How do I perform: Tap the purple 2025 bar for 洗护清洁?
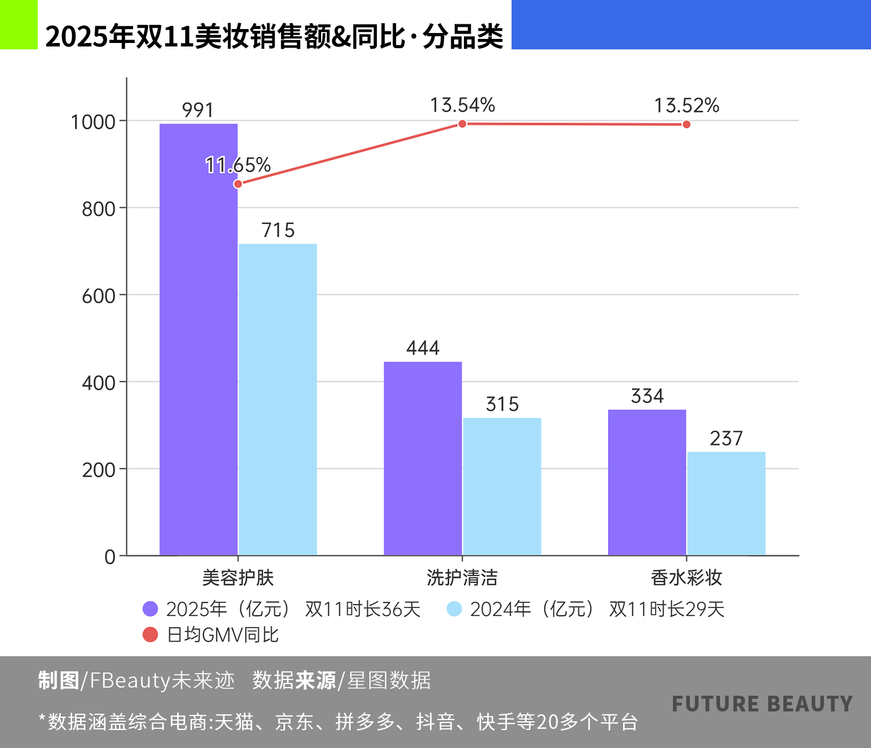(x=423, y=459)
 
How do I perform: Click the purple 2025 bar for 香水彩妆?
(x=647, y=483)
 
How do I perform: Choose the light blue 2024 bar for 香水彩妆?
(x=726, y=504)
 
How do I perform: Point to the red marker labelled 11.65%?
(x=238, y=184)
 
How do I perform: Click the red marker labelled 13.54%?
(x=462, y=124)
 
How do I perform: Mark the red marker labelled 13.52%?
(x=686, y=124)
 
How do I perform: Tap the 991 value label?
(x=198, y=110)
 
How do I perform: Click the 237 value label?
(x=726, y=438)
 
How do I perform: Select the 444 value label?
(x=423, y=348)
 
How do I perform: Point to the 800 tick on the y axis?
(x=99, y=208)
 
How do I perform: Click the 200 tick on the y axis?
(x=99, y=470)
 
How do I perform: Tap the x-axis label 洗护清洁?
(x=462, y=577)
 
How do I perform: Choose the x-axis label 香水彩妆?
(x=686, y=577)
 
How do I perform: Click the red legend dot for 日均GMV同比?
(x=150, y=635)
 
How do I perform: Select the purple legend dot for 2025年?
(x=150, y=609)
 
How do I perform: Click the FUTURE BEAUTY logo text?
(x=762, y=704)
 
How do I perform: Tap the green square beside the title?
(x=19, y=24)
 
